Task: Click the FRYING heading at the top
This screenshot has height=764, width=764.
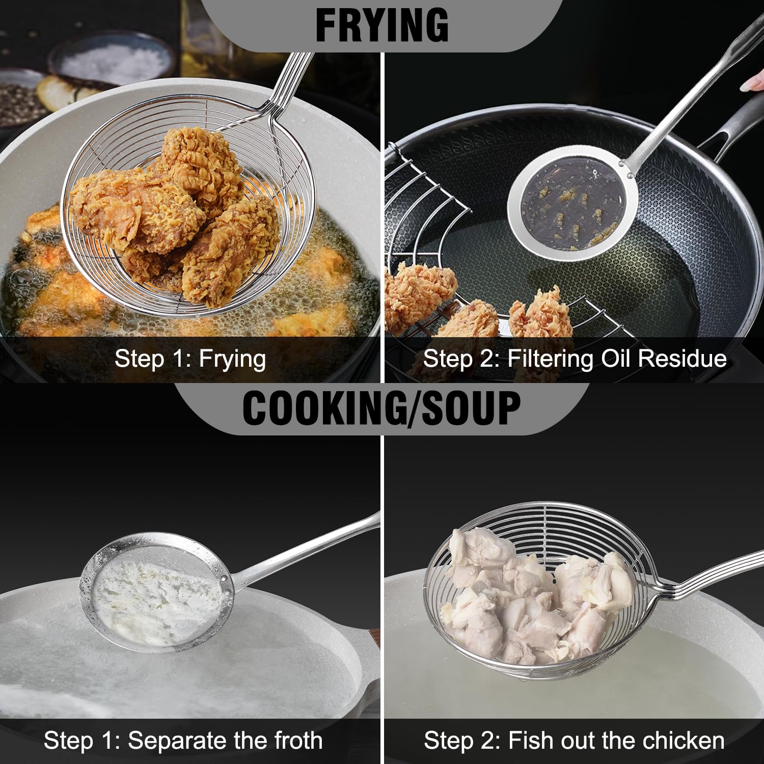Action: [382, 25]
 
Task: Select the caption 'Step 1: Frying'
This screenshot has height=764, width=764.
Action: [190, 359]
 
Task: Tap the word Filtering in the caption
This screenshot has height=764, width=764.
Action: [551, 359]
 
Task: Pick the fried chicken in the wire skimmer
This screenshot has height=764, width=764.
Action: [176, 214]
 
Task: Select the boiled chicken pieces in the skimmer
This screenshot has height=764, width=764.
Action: [535, 596]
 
